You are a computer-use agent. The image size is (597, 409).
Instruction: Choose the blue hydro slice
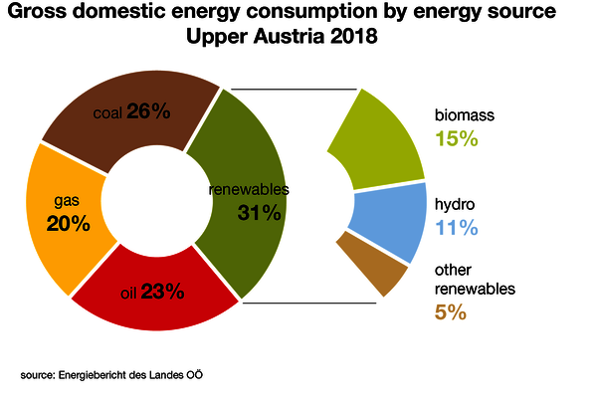click(383, 224)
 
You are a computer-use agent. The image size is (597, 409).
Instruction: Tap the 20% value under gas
click(68, 224)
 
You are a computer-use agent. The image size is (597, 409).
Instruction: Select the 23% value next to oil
click(162, 293)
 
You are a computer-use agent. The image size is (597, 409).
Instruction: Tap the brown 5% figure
click(450, 312)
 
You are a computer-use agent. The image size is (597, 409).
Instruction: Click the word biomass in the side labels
click(465, 115)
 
